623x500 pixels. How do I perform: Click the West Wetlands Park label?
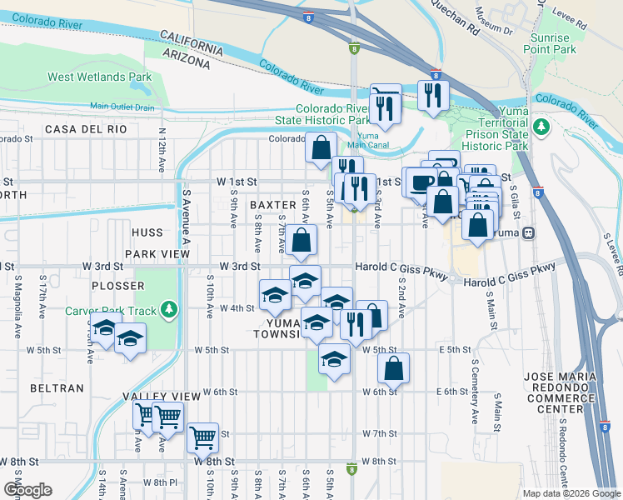[99, 77]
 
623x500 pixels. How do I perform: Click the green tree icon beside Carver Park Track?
[170, 311]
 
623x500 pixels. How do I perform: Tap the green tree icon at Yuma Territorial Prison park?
[542, 127]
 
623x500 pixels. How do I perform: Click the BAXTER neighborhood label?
[273, 205]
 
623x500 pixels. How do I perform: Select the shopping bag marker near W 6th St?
[394, 367]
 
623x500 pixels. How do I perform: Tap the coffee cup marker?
[419, 180]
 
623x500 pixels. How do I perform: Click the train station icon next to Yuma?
[528, 233]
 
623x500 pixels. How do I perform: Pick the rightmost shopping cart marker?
[202, 436]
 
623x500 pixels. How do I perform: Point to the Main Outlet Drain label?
[122, 107]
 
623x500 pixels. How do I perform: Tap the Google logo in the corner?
[28, 490]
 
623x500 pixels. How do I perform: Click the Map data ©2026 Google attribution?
[571, 493]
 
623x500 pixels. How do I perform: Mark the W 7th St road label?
[380, 434]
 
